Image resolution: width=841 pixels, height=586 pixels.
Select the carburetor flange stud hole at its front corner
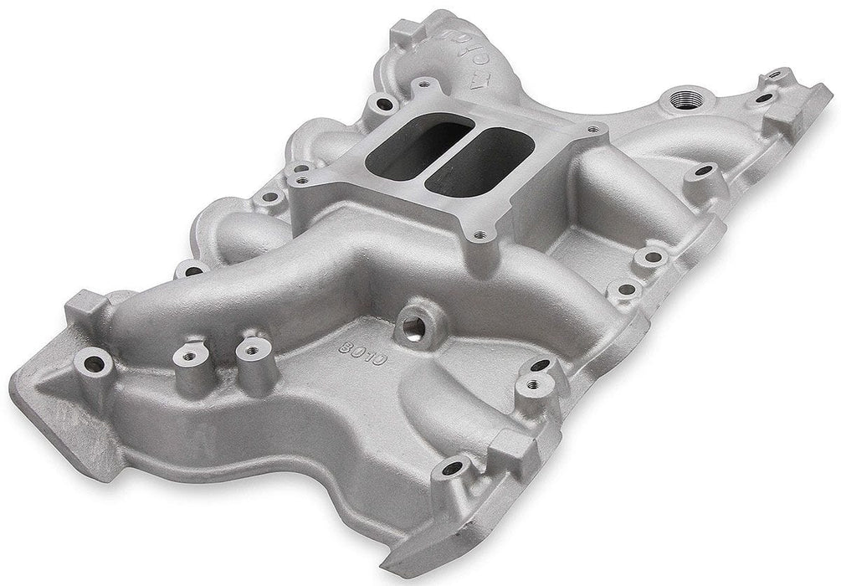(x=479, y=237)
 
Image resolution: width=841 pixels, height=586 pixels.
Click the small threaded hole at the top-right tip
(x=762, y=97)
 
